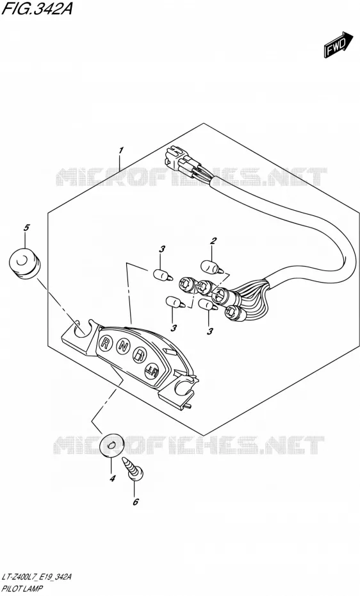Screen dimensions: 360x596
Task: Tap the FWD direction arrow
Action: (x=334, y=46)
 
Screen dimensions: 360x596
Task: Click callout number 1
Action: (x=120, y=151)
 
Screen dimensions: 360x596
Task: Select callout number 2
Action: (x=213, y=240)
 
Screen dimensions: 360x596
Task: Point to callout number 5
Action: (x=26, y=228)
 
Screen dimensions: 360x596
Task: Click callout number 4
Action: (x=112, y=479)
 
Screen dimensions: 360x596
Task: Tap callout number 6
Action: (x=136, y=502)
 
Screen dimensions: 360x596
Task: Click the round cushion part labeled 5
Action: (x=24, y=263)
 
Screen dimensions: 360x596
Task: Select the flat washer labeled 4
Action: (x=111, y=445)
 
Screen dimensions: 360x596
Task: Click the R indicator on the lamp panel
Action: (x=104, y=343)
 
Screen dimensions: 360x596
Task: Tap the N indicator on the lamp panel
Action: (x=122, y=346)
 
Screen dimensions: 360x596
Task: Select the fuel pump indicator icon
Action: (x=139, y=356)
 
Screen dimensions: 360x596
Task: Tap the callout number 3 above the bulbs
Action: (x=162, y=249)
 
